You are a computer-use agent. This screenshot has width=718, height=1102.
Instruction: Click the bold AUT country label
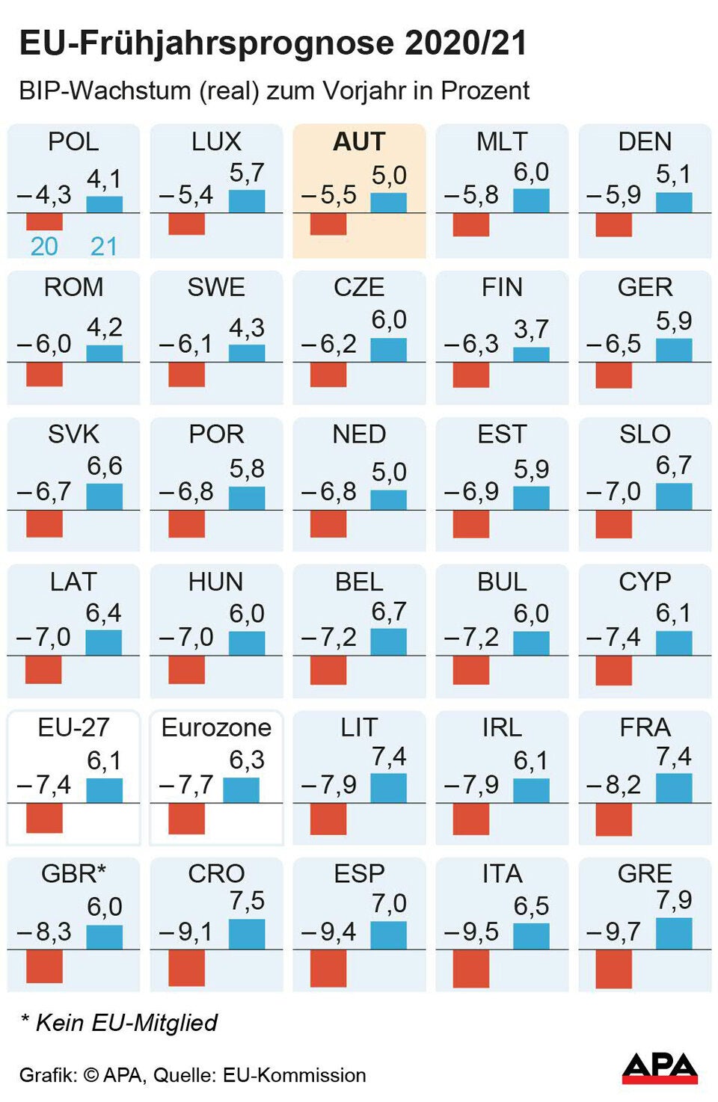(x=359, y=141)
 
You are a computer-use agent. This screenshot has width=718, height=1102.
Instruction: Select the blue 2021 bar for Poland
(x=104, y=204)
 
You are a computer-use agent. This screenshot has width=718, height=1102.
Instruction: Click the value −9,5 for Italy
(x=470, y=932)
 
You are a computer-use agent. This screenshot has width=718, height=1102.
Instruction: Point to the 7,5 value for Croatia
(x=246, y=901)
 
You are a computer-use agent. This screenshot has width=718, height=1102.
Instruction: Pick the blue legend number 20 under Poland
(x=44, y=246)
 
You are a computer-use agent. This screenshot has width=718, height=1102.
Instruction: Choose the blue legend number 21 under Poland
(x=104, y=246)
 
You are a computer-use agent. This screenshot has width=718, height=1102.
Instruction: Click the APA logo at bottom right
(x=659, y=1068)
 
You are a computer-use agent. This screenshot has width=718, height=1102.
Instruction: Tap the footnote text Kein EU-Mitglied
(x=126, y=1022)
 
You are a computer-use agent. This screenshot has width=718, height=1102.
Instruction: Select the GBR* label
(x=73, y=873)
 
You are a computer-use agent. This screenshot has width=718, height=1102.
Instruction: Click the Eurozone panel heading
(x=216, y=727)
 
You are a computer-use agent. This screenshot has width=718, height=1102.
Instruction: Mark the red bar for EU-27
(x=44, y=818)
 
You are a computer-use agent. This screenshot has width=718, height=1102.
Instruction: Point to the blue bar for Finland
(x=531, y=354)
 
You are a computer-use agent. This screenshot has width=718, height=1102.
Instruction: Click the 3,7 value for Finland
(x=531, y=329)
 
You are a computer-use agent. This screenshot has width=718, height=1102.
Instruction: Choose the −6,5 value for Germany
(x=613, y=344)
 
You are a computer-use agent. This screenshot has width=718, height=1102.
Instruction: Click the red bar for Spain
(x=328, y=968)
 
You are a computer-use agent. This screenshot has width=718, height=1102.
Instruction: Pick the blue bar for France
(x=674, y=788)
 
